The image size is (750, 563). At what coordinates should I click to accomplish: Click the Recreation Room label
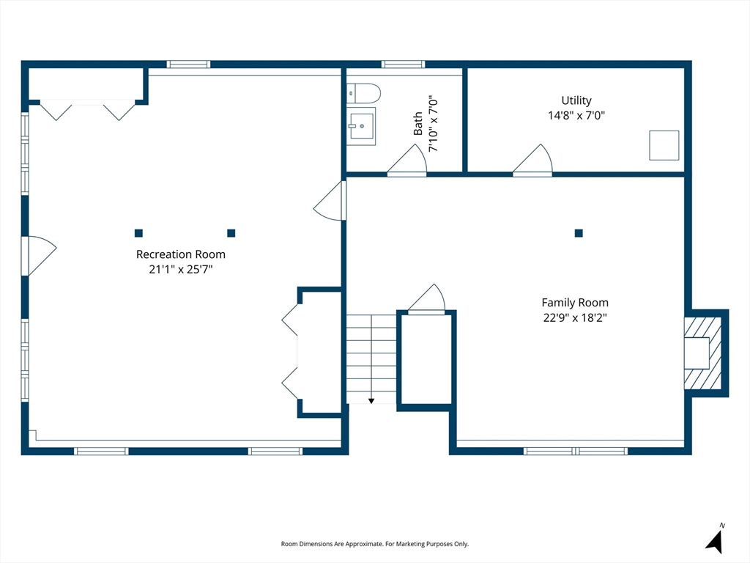pyautogui.click(x=180, y=254)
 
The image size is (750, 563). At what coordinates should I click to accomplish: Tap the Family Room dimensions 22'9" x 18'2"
pyautogui.click(x=574, y=317)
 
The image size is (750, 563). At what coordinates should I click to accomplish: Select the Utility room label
pyautogui.click(x=576, y=100)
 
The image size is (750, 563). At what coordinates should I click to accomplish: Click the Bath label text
pyautogui.click(x=418, y=123)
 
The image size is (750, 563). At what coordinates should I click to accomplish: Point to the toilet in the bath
pyautogui.click(x=364, y=93)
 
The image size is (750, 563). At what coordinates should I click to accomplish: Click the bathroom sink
pyautogui.click(x=361, y=125)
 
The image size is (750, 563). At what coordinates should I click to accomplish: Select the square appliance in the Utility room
pyautogui.click(x=664, y=145)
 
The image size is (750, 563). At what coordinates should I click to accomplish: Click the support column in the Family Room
pyautogui.click(x=579, y=233)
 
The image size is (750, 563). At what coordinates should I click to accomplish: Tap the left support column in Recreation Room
pyautogui.click(x=138, y=233)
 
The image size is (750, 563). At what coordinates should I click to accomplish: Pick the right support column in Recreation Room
pyautogui.click(x=231, y=233)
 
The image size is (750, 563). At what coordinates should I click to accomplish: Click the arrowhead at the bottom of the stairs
pyautogui.click(x=371, y=400)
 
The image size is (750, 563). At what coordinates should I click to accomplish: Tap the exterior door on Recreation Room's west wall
pyautogui.click(x=40, y=255)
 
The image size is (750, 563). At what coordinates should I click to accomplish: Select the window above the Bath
pyautogui.click(x=403, y=65)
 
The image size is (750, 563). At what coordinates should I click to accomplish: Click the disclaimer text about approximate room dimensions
pyautogui.click(x=374, y=544)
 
